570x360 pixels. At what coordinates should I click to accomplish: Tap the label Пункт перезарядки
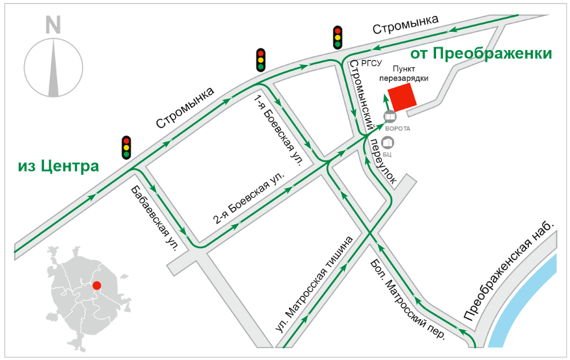pos(403,73)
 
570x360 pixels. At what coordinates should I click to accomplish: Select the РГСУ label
pos(371,63)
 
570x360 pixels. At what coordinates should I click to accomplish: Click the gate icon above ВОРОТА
pos(390,117)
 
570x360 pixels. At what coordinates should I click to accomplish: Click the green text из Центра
pos(58,166)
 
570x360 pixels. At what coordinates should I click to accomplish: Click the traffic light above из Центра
pos(126,147)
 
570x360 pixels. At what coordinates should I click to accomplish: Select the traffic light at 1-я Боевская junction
pos(260,59)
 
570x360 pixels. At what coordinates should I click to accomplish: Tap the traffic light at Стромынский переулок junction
pos(337,37)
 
